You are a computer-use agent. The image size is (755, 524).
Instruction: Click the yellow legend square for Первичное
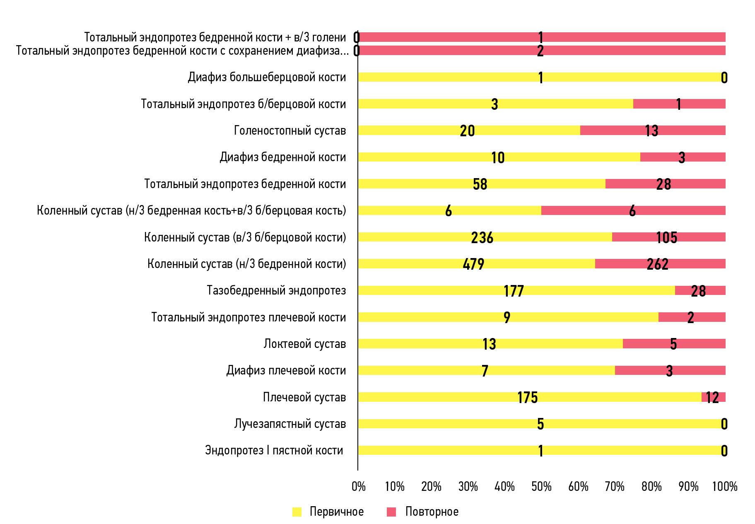tap(297, 512)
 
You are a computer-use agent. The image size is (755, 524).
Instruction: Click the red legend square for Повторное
tap(391, 512)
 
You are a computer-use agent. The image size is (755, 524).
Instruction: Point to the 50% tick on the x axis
tap(541, 486)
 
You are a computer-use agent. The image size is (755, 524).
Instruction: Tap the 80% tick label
tap(651, 486)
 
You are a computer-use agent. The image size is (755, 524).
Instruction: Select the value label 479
tap(473, 264)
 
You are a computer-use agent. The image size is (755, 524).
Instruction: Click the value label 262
tap(658, 264)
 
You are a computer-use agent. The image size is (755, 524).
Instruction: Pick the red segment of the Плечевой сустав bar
tap(714, 397)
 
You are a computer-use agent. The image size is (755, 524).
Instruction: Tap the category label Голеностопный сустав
tap(290, 130)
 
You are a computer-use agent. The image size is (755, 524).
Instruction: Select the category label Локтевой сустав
tap(305, 344)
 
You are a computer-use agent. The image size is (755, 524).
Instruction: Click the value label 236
tap(482, 237)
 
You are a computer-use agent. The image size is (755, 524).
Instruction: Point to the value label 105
tap(667, 237)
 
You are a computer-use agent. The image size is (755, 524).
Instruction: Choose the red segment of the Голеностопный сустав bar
tap(653, 130)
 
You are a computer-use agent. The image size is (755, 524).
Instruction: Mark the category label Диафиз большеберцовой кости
tap(267, 77)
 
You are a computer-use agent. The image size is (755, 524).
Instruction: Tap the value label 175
tap(527, 397)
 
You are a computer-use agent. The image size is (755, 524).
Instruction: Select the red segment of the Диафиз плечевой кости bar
tap(670, 370)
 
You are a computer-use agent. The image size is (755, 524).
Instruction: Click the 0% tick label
tap(359, 486)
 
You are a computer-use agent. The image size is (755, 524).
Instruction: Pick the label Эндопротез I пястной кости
tap(274, 450)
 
